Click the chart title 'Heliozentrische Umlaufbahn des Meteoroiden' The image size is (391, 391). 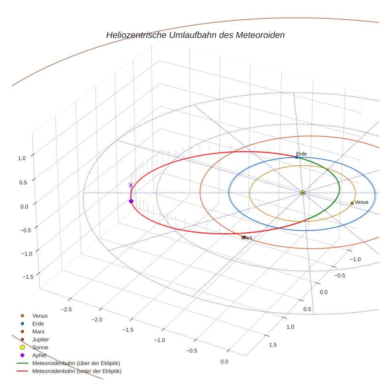(195, 35)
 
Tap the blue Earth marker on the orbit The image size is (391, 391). (296, 157)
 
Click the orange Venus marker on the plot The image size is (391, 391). (352, 203)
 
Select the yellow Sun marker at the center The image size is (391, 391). (303, 193)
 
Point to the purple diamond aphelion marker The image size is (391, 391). (131, 201)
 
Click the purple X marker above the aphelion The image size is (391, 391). (131, 185)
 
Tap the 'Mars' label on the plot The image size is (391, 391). (247, 238)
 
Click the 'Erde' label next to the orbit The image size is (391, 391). (302, 154)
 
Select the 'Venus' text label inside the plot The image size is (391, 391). (361, 202)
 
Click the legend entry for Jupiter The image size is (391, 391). (41, 339)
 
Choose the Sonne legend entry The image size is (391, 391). (40, 347)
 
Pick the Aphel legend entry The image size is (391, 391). (39, 355)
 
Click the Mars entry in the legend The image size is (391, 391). (39, 332)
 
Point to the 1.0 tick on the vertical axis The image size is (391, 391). (22, 158)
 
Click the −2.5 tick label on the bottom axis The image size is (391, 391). (66, 310)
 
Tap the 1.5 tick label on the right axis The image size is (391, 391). (273, 345)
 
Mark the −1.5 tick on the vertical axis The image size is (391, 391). (28, 277)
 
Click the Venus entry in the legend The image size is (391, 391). (40, 316)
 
